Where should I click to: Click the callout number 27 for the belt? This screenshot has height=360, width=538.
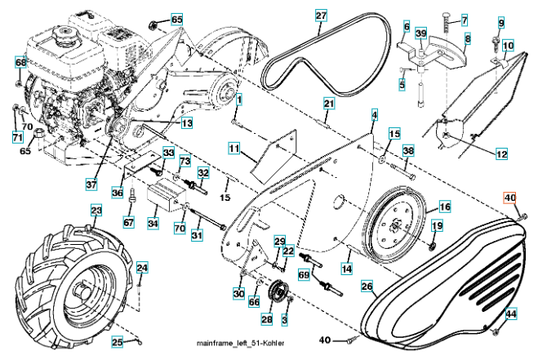click(321, 16)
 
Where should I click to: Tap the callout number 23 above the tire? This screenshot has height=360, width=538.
click(96, 211)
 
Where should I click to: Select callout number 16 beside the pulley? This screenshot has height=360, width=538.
click(444, 207)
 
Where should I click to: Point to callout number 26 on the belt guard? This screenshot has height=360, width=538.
click(367, 287)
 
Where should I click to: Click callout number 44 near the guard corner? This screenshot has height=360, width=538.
click(511, 314)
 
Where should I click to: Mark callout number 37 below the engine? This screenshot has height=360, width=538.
click(91, 184)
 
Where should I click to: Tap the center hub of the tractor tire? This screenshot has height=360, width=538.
click(82, 290)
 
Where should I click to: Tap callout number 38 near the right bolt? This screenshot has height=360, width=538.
click(408, 152)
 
